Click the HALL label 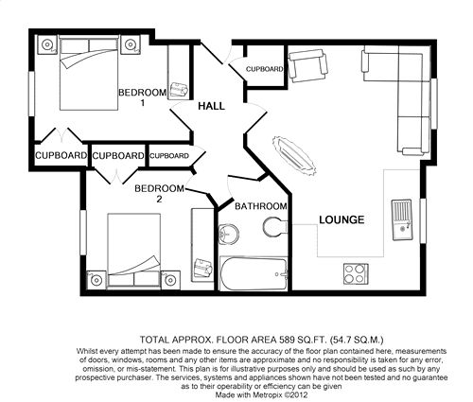[x=211, y=106]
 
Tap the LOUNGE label [x=342, y=219]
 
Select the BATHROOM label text [x=261, y=206]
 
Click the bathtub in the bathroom [x=254, y=273]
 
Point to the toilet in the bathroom [x=274, y=227]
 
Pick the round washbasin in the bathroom [x=228, y=235]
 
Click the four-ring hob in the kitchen [x=356, y=274]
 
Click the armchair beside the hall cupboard [x=307, y=66]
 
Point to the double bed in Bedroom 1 [x=89, y=73]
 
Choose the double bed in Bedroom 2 [x=134, y=251]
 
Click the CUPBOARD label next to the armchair [x=264, y=69]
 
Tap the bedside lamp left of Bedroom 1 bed [x=47, y=44]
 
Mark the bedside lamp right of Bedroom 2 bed [x=170, y=280]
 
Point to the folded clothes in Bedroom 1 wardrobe [x=179, y=90]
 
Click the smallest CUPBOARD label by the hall [x=169, y=156]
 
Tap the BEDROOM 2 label [x=159, y=194]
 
